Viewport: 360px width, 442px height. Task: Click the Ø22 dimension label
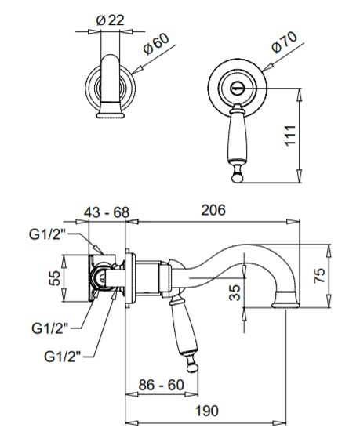click(110, 20)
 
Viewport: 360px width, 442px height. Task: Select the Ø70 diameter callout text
click(285, 42)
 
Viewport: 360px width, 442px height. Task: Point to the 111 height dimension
click(290, 136)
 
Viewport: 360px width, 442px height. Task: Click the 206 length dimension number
click(213, 210)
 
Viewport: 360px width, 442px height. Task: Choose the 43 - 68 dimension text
click(107, 212)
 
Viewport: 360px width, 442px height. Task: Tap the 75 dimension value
click(319, 275)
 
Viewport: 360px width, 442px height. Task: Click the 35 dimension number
click(235, 292)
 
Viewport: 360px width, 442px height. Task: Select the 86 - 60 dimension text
click(161, 385)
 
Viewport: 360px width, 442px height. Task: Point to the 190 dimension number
click(207, 411)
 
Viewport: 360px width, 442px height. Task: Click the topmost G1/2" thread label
click(47, 234)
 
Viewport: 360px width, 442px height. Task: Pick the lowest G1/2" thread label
click(63, 357)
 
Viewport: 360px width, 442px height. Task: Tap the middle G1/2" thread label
click(50, 328)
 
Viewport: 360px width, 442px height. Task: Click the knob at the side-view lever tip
click(192, 368)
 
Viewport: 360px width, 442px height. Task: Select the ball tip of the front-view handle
click(237, 178)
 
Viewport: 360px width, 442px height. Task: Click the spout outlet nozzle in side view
click(285, 300)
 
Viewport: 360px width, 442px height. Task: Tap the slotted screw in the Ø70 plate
click(237, 89)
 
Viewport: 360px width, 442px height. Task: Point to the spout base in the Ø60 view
click(111, 110)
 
